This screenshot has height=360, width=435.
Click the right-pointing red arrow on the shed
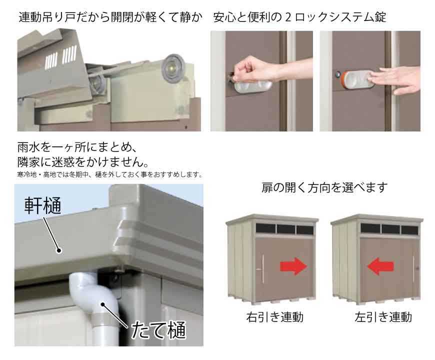click(x=293, y=266)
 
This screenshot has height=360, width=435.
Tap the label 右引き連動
click(x=274, y=317)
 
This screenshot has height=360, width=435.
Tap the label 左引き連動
click(x=383, y=317)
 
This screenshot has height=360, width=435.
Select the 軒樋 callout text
click(x=42, y=205)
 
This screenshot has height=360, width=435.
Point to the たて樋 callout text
click(x=158, y=330)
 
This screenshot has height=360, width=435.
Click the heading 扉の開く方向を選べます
click(x=324, y=187)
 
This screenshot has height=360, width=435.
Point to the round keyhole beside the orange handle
click(x=337, y=74)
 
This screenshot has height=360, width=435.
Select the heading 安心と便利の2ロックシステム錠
click(x=299, y=17)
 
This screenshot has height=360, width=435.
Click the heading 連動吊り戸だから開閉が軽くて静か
click(x=110, y=17)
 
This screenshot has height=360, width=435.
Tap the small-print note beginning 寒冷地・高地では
click(x=109, y=174)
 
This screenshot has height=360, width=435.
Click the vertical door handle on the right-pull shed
click(x=262, y=268)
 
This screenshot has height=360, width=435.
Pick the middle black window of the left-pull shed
click(x=390, y=229)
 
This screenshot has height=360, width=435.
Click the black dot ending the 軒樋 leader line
click(x=59, y=250)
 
